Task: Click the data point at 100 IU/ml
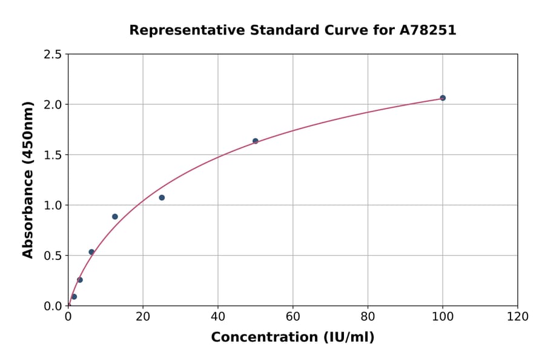click(x=443, y=98)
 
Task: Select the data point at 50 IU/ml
click(x=256, y=141)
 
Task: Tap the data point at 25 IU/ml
click(x=162, y=198)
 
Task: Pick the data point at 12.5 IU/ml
click(x=115, y=216)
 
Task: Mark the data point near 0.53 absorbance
click(x=91, y=252)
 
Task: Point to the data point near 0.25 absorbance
click(x=80, y=280)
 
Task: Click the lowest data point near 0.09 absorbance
click(x=74, y=297)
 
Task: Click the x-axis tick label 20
click(x=143, y=317)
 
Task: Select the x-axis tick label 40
click(x=218, y=317)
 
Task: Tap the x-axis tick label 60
click(x=293, y=317)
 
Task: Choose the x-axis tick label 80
click(x=368, y=317)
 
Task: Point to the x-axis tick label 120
click(x=518, y=317)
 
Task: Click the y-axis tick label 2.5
click(x=53, y=55)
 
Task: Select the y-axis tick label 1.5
click(x=53, y=155)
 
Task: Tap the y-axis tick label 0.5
click(x=53, y=256)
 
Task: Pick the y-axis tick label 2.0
click(x=53, y=105)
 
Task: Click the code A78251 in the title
click(x=428, y=30)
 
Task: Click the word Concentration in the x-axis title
click(x=256, y=338)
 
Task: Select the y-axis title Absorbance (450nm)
click(x=28, y=180)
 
